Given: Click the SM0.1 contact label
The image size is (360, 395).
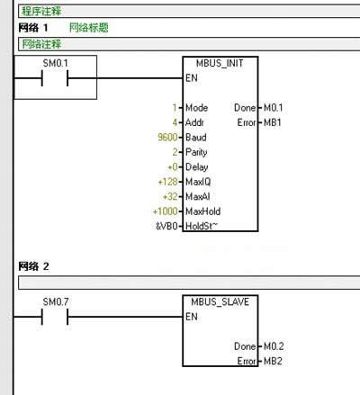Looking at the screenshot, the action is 56,63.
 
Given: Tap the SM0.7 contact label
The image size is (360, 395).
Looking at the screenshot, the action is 56,301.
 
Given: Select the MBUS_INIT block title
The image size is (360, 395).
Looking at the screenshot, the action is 220,63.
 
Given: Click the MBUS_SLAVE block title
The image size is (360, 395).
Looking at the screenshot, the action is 220,301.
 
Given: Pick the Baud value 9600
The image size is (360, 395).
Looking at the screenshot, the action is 167,137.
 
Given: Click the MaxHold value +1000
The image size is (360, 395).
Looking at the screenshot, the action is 166,211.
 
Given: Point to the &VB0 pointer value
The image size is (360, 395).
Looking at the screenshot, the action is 166,226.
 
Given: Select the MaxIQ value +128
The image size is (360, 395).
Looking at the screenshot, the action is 167,182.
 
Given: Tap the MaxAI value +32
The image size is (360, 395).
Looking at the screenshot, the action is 170,196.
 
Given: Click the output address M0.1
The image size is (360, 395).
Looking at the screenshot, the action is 273,108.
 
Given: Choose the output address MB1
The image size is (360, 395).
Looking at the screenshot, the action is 273,122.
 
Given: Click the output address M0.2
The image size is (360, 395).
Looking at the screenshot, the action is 274,346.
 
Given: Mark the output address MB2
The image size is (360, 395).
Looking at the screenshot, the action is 273,361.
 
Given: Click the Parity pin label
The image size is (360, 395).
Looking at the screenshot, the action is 196,152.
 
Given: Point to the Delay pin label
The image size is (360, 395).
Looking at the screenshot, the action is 197,167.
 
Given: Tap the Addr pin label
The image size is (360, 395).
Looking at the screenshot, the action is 194,122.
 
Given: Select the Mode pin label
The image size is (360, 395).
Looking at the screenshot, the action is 197,108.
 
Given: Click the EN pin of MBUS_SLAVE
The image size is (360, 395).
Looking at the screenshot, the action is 192,317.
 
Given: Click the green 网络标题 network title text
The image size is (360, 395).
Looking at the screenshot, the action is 89,28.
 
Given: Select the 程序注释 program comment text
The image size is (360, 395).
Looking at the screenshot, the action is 41,12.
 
